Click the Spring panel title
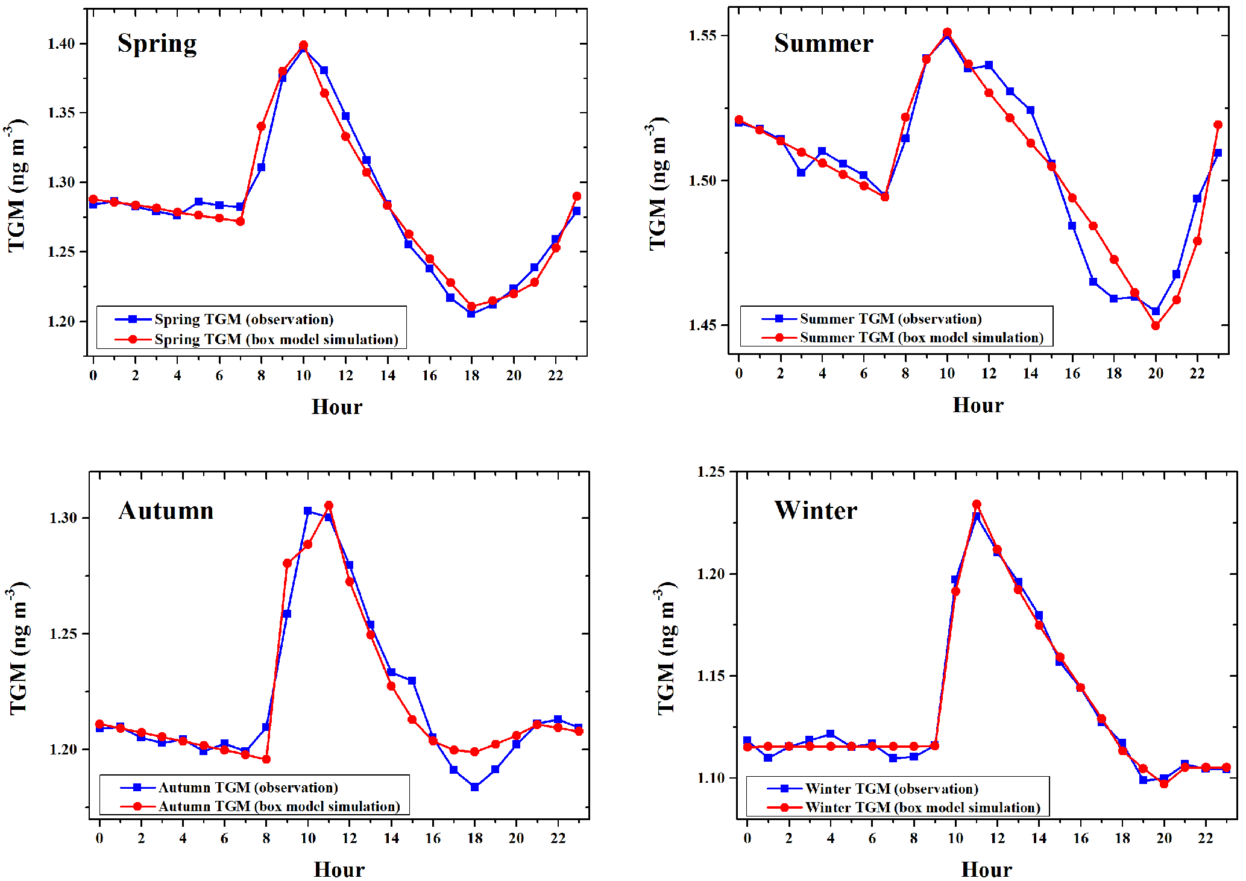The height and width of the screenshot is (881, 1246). point(157,43)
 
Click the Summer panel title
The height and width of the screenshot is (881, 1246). point(823,43)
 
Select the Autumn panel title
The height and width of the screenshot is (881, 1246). point(166,511)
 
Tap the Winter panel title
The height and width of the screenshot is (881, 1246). point(816,510)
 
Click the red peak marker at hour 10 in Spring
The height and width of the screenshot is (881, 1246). point(303,45)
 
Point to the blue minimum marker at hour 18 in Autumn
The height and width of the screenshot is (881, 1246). point(474,787)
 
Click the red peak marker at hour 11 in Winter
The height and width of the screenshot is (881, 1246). point(977,504)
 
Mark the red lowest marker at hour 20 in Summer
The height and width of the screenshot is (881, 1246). point(1156,325)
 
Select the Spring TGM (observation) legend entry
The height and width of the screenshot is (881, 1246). point(244,319)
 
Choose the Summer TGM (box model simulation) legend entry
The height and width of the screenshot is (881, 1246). point(921,337)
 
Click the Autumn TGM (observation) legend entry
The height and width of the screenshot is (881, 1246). point(248,788)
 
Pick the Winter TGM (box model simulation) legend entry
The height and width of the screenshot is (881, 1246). point(922,807)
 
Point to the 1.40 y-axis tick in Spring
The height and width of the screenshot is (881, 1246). point(62,43)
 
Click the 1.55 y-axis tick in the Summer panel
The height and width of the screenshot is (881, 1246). point(703,35)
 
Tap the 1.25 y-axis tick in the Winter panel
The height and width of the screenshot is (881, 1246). point(711,472)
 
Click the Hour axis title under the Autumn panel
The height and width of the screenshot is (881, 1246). point(339,870)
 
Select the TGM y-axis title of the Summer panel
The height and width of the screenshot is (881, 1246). point(658,184)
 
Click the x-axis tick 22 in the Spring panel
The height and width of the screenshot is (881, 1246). point(555,375)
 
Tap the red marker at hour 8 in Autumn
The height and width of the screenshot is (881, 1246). point(266,759)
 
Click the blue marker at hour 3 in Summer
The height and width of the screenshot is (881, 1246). point(801,172)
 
